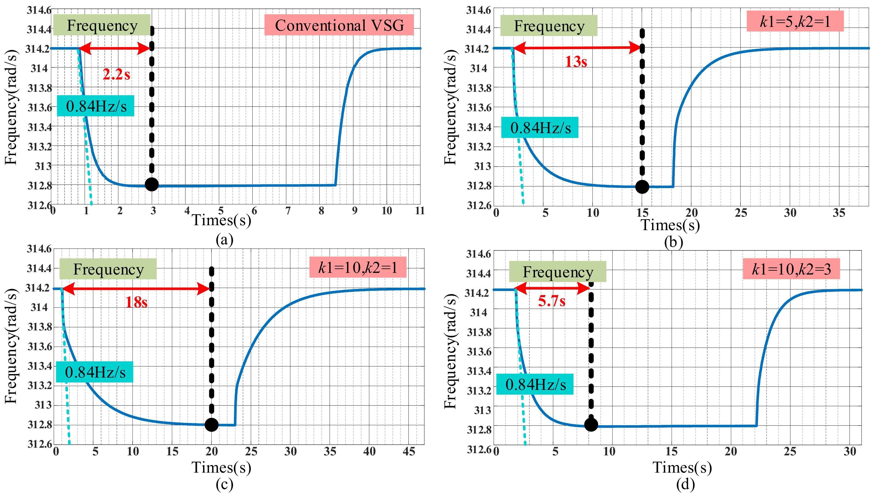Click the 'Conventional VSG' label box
click(339, 25)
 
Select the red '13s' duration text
click(576, 62)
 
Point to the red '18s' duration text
click(136, 302)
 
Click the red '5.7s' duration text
click(551, 301)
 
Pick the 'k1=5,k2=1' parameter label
click(795, 21)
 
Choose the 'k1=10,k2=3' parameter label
click(791, 269)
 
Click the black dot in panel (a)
click(151, 184)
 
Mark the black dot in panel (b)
click(642, 187)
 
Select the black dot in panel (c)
click(211, 425)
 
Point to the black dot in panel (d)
click(591, 425)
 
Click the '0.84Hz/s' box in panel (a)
click(96, 106)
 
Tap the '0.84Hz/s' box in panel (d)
click(535, 385)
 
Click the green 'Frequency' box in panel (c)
click(108, 269)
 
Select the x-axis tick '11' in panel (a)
click(420, 211)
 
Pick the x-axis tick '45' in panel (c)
click(409, 452)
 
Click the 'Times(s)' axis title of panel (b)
click(670, 225)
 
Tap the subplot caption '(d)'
click(685, 484)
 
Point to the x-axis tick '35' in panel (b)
click(839, 213)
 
